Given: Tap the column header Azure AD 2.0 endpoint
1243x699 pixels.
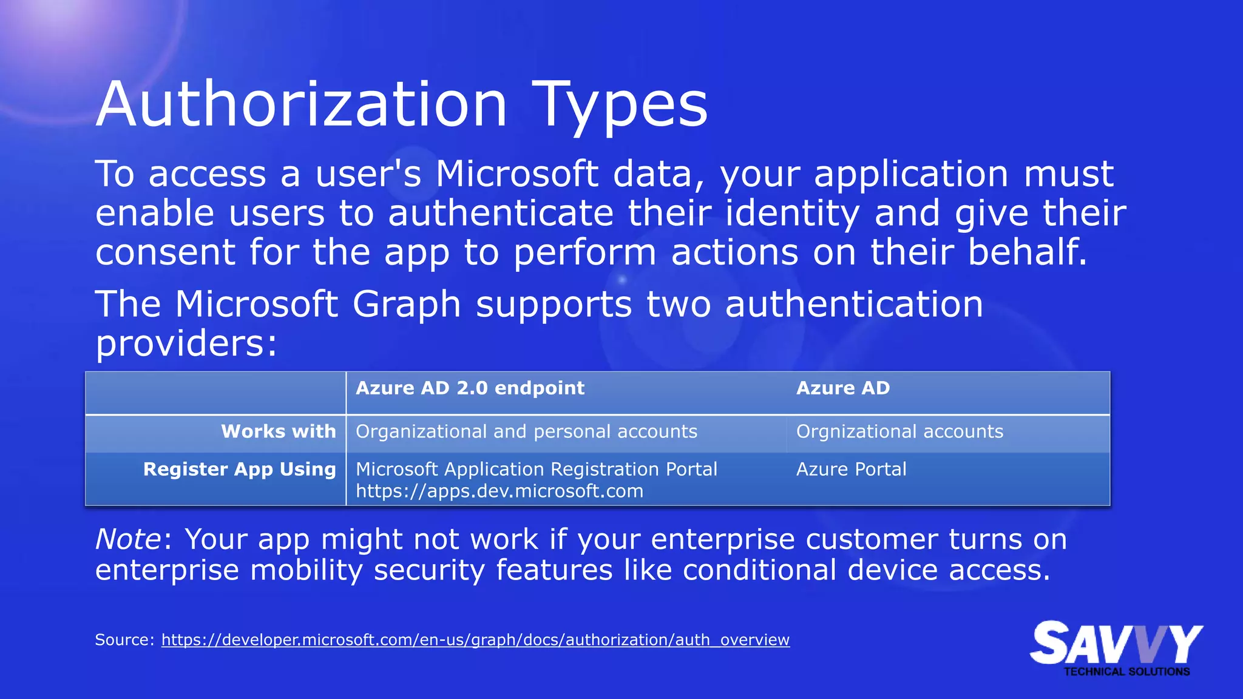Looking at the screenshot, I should (470, 388).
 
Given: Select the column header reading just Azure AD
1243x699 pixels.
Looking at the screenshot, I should (842, 388).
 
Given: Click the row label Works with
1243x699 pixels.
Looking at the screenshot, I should (278, 431).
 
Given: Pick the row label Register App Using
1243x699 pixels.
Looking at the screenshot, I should (239, 469).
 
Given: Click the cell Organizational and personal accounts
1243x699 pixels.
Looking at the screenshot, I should (526, 431).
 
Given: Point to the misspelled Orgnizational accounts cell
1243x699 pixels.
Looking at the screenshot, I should (899, 431).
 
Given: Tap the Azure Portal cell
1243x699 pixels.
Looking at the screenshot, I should (851, 469).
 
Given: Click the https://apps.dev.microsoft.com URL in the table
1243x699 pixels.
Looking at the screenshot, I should (499, 491).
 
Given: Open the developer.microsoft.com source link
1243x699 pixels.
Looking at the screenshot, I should (475, 640).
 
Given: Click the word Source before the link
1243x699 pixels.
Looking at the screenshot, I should (124, 640).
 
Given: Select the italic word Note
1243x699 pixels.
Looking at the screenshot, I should (128, 539).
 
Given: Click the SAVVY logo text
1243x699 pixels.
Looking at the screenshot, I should (1116, 643).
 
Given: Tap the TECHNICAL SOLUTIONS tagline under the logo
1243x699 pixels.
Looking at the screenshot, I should (1126, 672).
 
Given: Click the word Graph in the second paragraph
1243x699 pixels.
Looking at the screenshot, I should (406, 304).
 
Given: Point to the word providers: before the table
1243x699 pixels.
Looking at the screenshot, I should (186, 343).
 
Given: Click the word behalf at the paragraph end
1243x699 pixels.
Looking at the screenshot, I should (1026, 252).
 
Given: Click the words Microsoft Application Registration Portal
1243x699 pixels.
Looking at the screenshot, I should (536, 469).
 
